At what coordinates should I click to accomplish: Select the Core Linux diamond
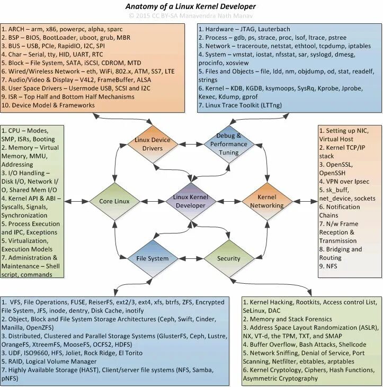point(114,201)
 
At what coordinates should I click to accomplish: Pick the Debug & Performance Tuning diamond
point(229,144)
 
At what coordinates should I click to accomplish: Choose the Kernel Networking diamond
point(266,201)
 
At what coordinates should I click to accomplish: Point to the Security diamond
point(229,258)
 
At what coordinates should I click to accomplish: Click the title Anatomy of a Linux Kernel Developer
point(191,6)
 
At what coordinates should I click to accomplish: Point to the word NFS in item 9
point(332,266)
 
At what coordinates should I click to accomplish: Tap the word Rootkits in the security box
point(306,302)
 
